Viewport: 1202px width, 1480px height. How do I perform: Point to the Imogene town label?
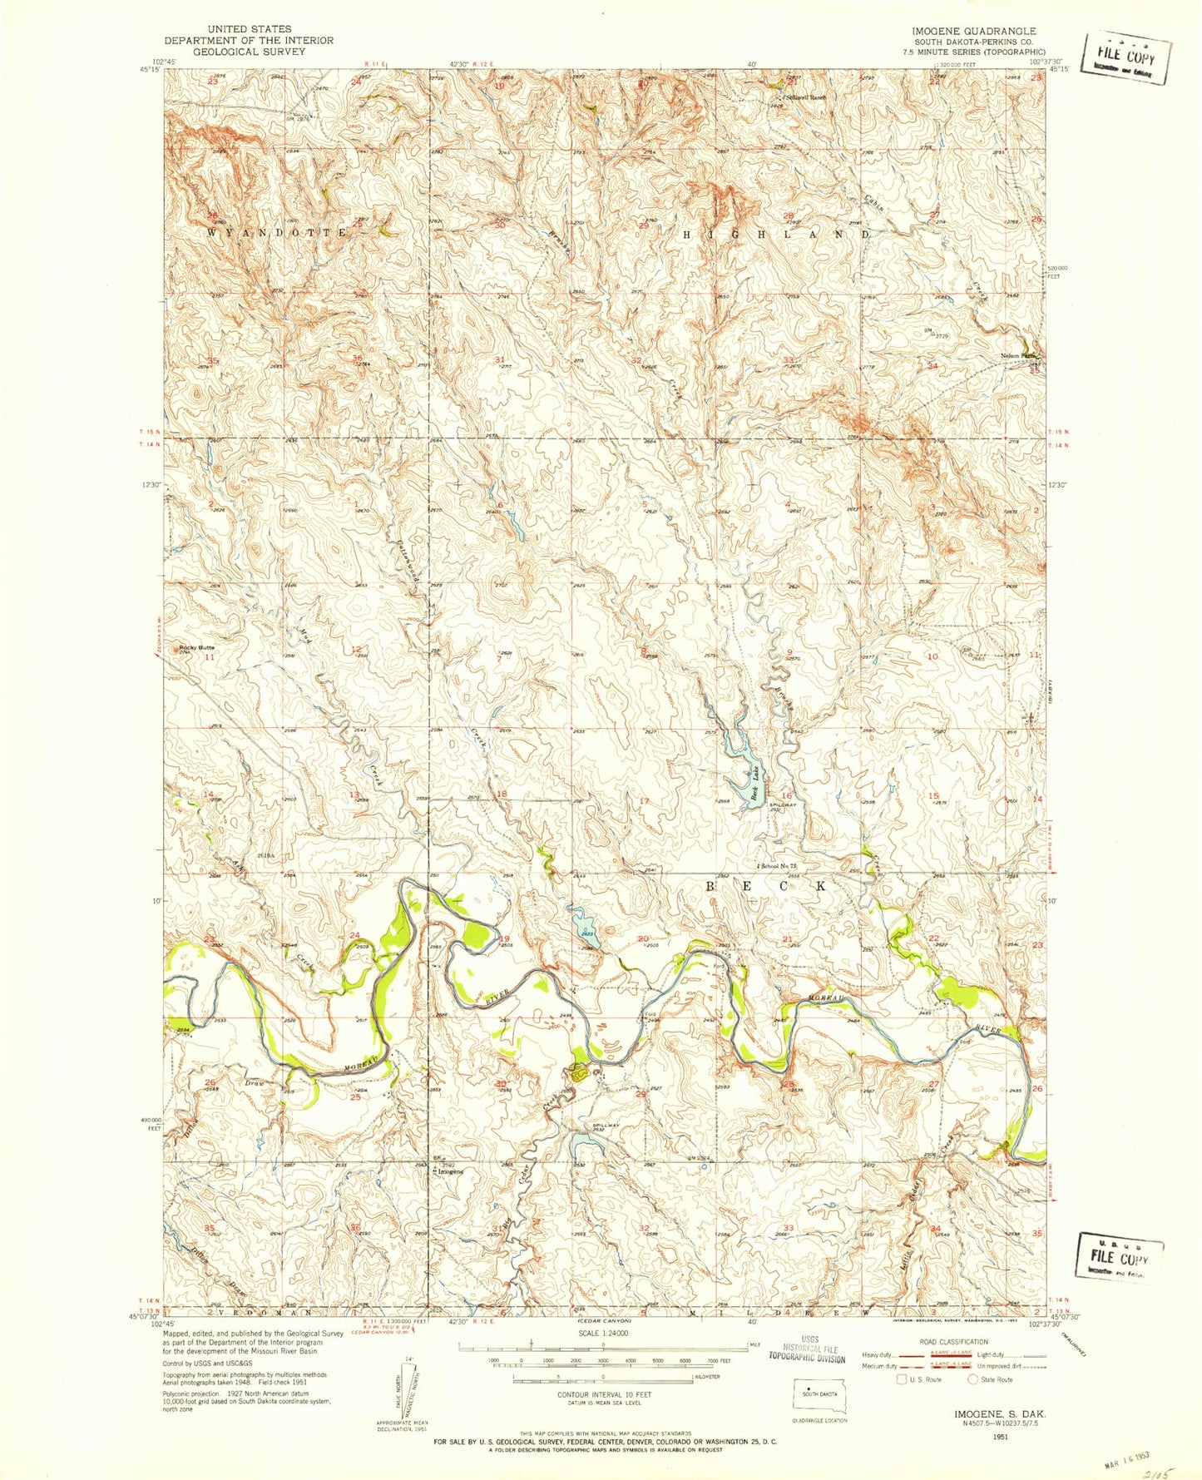point(450,1171)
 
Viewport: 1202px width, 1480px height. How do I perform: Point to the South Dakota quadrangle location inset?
point(817,1390)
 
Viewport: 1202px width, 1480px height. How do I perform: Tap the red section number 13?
point(356,796)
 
